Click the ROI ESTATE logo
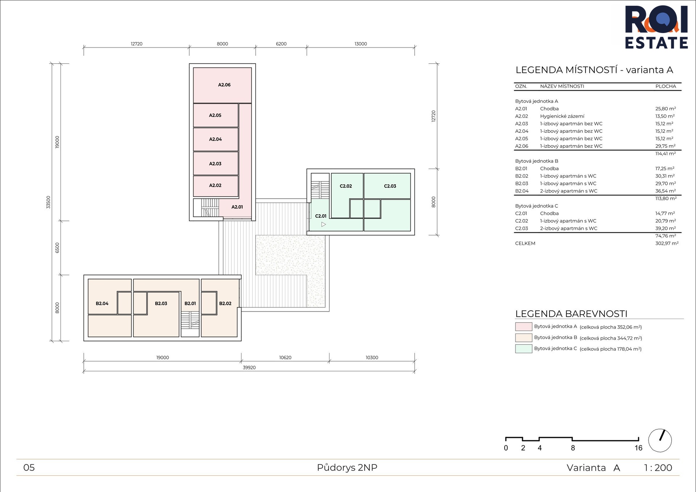click(656, 27)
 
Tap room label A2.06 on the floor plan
click(224, 85)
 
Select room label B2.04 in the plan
click(102, 303)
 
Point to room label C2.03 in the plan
click(390, 186)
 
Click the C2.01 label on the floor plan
click(321, 216)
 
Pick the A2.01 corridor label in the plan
click(237, 207)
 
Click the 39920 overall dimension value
click(249, 368)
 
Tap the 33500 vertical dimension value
click(48, 202)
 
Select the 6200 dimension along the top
click(281, 44)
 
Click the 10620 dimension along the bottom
click(285, 357)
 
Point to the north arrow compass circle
click(660, 441)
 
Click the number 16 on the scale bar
click(638, 448)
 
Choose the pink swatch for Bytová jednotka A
click(523, 327)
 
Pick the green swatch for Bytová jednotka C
click(523, 349)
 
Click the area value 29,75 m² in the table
click(666, 146)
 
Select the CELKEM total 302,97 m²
click(667, 243)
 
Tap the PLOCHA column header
click(666, 86)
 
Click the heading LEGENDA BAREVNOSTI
click(571, 314)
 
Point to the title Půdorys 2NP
click(347, 468)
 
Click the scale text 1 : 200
click(658, 468)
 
